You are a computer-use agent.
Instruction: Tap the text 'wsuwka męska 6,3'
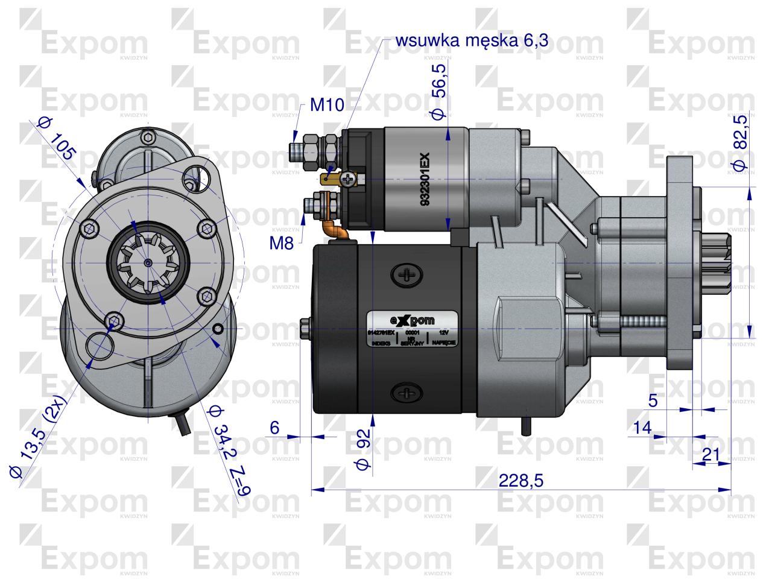click(x=472, y=40)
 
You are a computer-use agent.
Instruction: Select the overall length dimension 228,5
click(x=522, y=480)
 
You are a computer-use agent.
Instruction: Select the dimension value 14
click(x=642, y=428)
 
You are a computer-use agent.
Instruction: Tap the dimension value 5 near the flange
click(x=653, y=400)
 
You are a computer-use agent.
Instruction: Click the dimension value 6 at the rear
click(x=274, y=428)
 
